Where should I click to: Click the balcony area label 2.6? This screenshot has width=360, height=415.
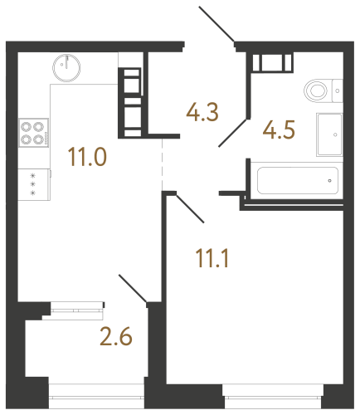point(116,339)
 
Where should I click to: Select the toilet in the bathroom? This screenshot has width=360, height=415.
point(319,90)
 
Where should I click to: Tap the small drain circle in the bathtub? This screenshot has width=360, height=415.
point(330,179)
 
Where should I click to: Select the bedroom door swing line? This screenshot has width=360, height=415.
point(189,208)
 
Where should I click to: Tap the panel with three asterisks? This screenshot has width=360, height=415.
point(33,184)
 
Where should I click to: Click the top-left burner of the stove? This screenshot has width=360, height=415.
point(27,128)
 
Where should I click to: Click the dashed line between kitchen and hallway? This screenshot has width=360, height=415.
point(163,162)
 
